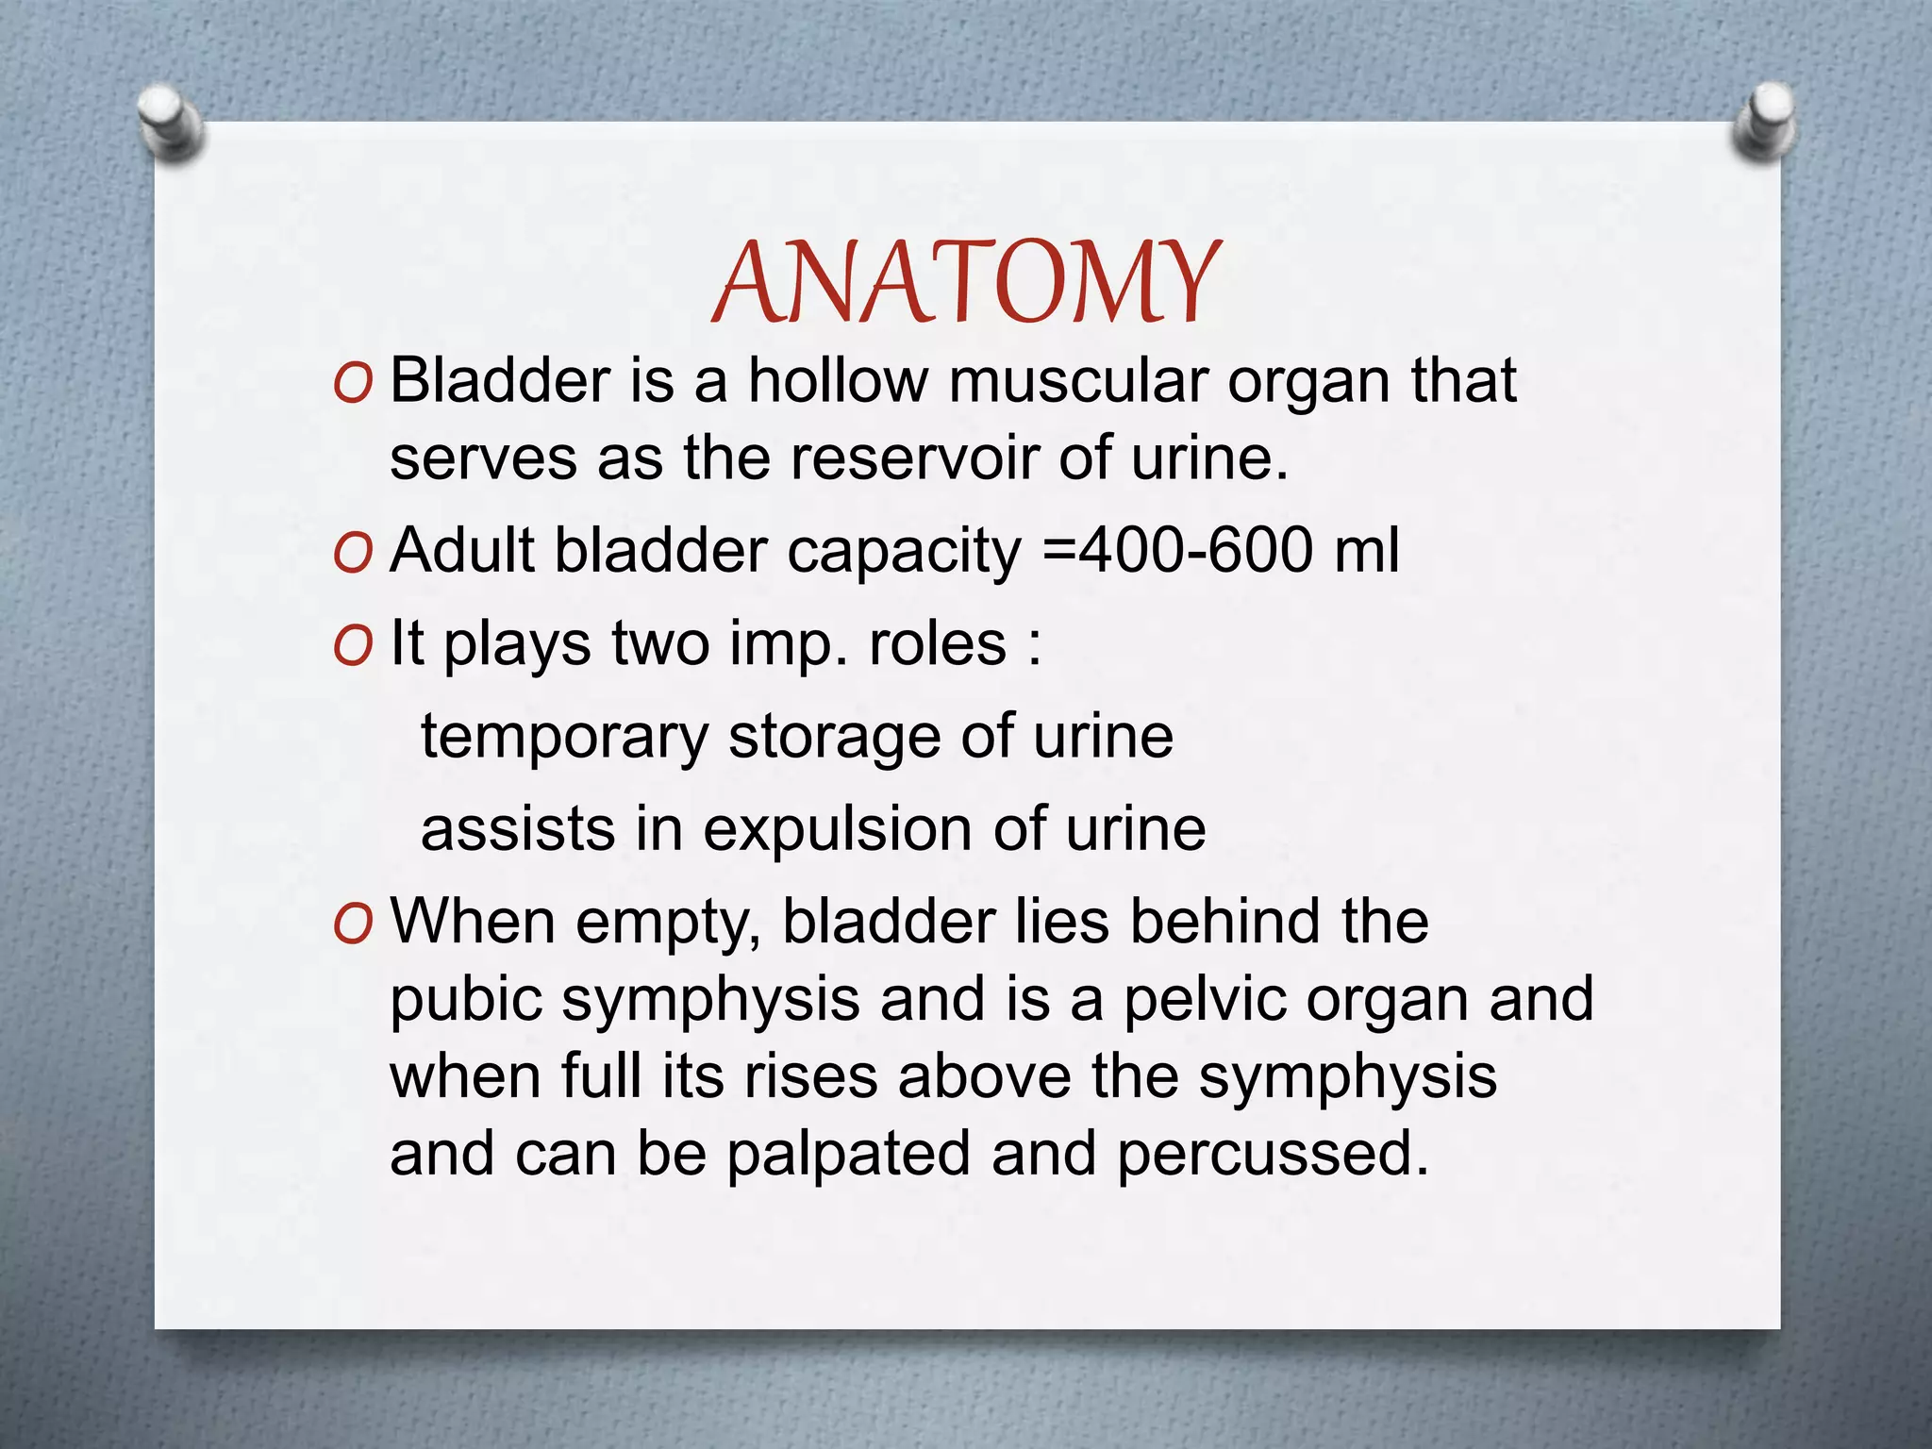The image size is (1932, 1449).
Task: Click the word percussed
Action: (x=1274, y=1155)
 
